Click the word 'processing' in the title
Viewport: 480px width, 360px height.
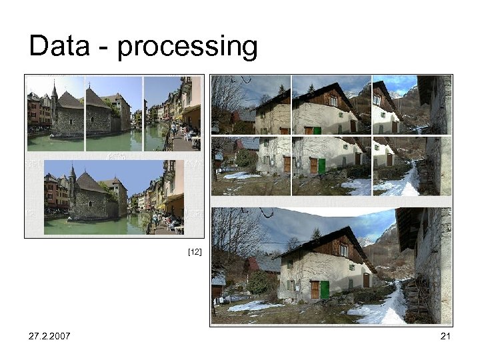[x=187, y=48]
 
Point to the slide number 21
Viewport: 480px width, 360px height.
[x=445, y=336]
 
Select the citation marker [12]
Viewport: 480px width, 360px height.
[x=195, y=252]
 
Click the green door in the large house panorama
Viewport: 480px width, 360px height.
[x=325, y=289]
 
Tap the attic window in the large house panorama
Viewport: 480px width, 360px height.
[x=343, y=250]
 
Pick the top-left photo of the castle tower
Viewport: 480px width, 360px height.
[x=55, y=113]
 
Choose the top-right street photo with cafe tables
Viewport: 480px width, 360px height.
[x=172, y=113]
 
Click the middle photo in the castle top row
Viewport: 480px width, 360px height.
[x=113, y=113]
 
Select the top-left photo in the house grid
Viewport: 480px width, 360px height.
[x=251, y=105]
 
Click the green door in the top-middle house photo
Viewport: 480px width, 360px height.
[x=317, y=130]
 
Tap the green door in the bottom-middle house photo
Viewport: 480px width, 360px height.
[x=321, y=165]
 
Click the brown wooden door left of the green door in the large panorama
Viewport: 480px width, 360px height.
[x=314, y=289]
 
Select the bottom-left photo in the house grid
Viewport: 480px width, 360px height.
[x=251, y=166]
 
